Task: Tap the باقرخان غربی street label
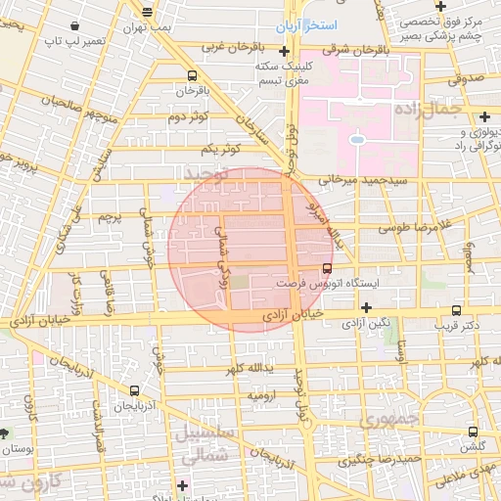coord(227,46)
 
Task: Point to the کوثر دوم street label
coord(190,117)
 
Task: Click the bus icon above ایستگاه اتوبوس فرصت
coord(327,266)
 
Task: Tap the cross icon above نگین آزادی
coord(366,307)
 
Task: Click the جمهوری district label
coord(387,421)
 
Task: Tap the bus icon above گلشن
coord(474,432)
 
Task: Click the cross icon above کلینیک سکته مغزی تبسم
coord(284,51)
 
